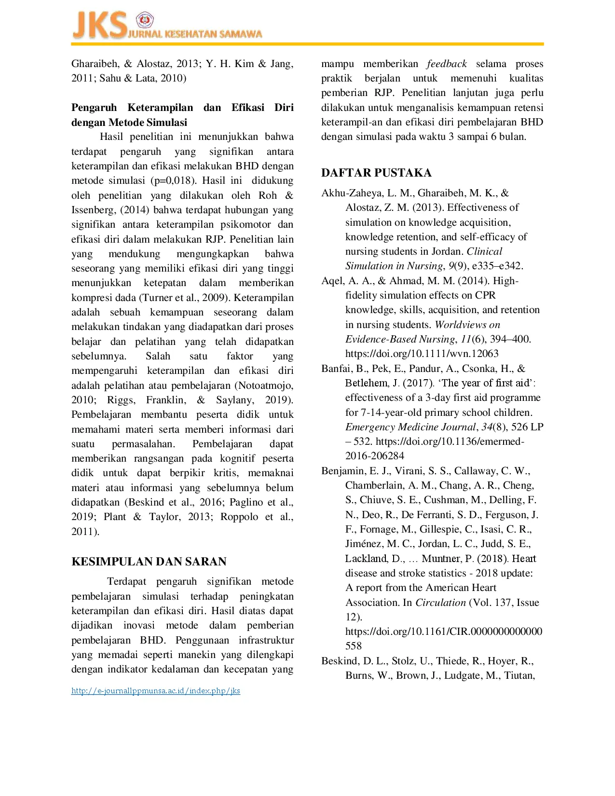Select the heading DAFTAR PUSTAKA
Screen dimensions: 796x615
coord(376,173)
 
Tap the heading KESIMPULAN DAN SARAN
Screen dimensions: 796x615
coord(149,562)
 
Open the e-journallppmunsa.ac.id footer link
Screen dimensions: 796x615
coord(155,691)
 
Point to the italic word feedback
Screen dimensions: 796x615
coord(447,64)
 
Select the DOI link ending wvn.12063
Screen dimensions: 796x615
coord(422,354)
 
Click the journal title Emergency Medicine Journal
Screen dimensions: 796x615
coord(410,427)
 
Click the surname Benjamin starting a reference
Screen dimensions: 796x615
coord(343,471)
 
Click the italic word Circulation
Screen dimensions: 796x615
coord(440,603)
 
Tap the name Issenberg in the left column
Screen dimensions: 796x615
coord(94,210)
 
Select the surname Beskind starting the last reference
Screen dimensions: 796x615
coord(341,661)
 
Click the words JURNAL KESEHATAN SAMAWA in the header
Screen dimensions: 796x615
coord(195,34)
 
